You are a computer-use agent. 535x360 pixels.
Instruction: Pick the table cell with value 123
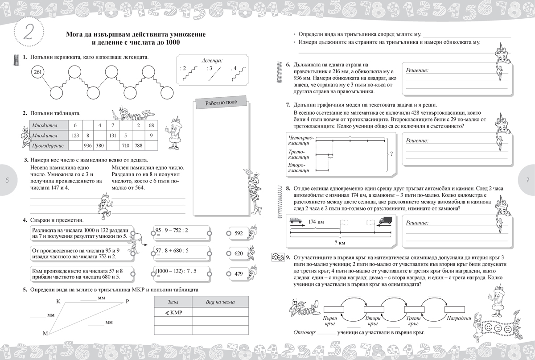pos(74,135)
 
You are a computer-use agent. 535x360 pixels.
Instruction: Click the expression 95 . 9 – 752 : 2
pos(172,230)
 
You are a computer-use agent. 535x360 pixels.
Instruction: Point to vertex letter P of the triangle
pos(127,302)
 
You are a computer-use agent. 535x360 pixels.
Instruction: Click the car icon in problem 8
pos(295,220)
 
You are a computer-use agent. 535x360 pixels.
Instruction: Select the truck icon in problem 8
pos(385,219)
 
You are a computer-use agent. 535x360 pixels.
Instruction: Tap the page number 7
pos(527,179)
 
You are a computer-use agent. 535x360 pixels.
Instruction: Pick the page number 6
pos(7,179)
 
